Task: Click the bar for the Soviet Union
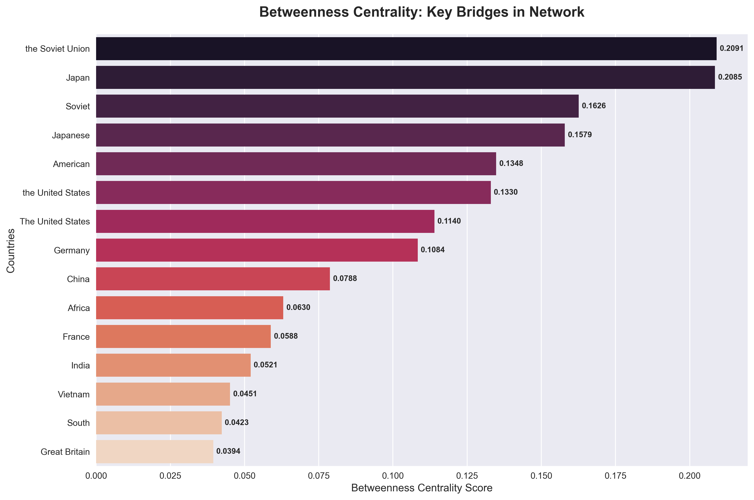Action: pyautogui.click(x=406, y=49)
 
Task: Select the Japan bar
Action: pyautogui.click(x=405, y=77)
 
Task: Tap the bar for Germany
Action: pyautogui.click(x=257, y=250)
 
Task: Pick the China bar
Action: pyautogui.click(x=213, y=279)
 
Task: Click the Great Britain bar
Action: pyautogui.click(x=155, y=451)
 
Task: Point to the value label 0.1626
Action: pyautogui.click(x=593, y=106)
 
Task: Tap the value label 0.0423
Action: pyautogui.click(x=236, y=423)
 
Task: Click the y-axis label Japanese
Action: pyautogui.click(x=71, y=135)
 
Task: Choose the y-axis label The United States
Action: pyautogui.click(x=55, y=221)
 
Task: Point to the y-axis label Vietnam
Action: pyautogui.click(x=74, y=394)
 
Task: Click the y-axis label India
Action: pyautogui.click(x=80, y=365)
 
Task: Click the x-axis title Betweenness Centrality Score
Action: pyautogui.click(x=422, y=488)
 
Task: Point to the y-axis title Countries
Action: pyautogui.click(x=11, y=250)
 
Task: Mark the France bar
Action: pyautogui.click(x=183, y=336)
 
